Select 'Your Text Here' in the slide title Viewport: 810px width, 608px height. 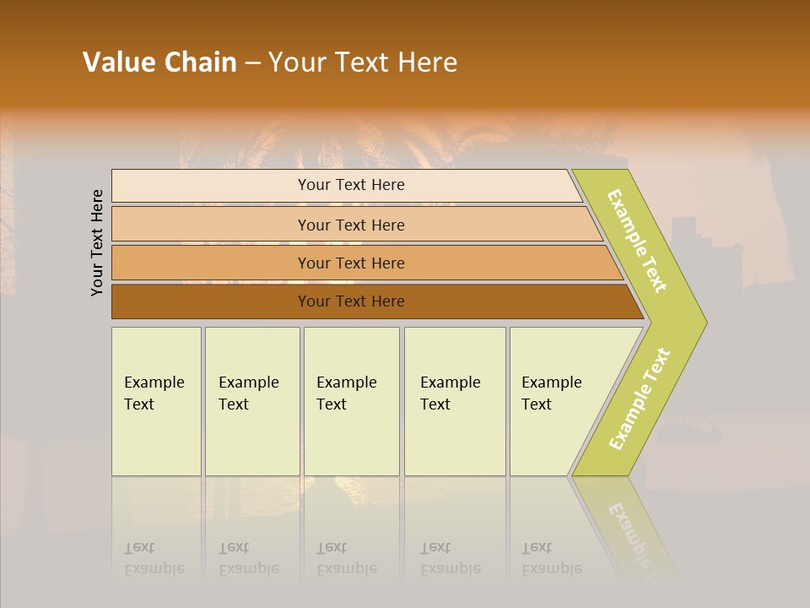363,62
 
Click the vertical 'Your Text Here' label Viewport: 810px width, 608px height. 97,243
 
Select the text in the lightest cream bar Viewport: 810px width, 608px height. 351,185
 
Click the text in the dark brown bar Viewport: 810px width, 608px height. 351,301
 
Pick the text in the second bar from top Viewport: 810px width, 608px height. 351,225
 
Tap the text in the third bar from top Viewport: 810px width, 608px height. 351,263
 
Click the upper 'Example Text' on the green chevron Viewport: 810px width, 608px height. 637,241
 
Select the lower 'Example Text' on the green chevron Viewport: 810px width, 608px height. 639,399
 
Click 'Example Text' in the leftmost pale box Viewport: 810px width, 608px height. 154,394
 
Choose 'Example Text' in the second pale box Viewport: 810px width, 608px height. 248,394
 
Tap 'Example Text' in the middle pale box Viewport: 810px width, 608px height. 346,394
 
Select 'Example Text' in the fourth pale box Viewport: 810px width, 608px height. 450,394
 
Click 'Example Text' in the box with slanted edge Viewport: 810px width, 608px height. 551,394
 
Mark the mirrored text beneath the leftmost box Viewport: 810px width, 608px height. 154,558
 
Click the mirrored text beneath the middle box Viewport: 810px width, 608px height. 346,558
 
